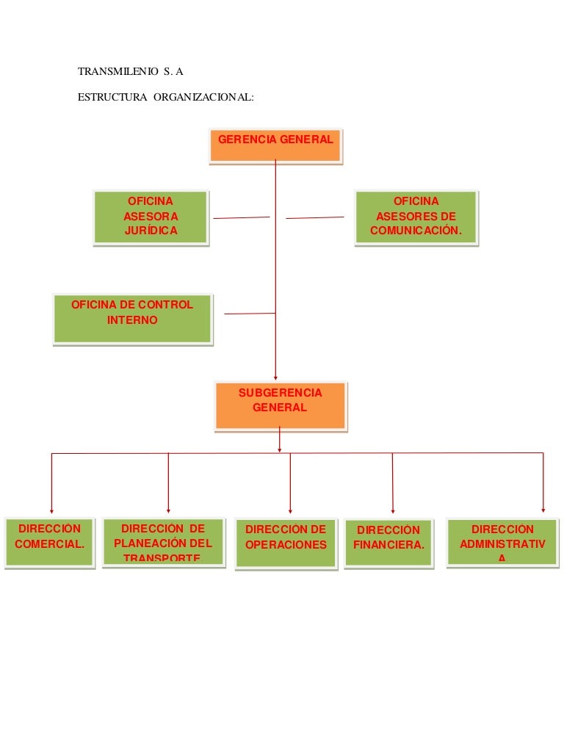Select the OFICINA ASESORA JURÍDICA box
(151, 217)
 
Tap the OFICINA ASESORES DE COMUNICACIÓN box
(416, 217)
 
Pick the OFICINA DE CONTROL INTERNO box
(132, 319)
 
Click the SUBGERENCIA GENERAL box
(280, 405)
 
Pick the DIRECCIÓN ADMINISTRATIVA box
(502, 542)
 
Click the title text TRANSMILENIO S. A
(130, 72)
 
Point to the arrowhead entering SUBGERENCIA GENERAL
(275, 377)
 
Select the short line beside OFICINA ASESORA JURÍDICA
(241, 217)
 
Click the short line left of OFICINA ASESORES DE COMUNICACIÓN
(314, 217)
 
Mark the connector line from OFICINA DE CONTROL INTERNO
(250, 314)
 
